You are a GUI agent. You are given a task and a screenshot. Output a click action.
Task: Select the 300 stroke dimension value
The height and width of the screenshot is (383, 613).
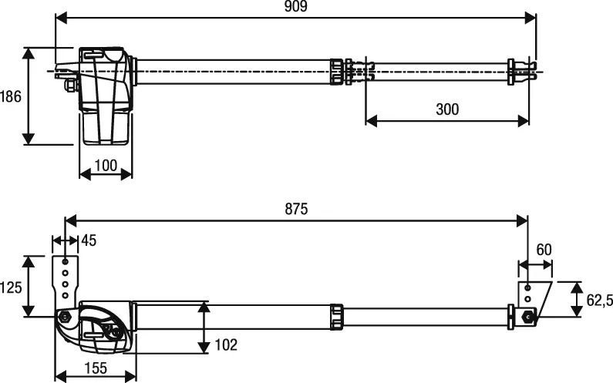tap(446, 109)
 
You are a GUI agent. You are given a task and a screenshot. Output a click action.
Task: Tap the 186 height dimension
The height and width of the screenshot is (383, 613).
tap(10, 96)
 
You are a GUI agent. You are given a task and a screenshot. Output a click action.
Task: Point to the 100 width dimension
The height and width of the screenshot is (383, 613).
tap(106, 166)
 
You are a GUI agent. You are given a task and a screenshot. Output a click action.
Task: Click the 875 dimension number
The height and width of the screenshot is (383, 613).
tap(296, 209)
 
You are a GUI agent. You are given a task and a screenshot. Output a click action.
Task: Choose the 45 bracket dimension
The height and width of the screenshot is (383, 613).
tap(89, 241)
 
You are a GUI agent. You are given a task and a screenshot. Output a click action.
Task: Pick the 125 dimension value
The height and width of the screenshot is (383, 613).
tap(11, 287)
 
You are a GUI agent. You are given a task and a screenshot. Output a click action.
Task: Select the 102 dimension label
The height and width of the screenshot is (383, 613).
tap(226, 344)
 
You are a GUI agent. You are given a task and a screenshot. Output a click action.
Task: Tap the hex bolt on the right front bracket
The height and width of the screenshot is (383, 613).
tap(528, 315)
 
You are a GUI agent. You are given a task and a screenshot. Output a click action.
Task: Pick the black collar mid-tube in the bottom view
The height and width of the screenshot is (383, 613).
tap(337, 317)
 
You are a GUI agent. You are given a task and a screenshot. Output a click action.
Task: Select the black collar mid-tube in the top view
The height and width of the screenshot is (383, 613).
tap(337, 72)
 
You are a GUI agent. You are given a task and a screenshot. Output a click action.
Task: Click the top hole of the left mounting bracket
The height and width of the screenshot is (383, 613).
tap(65, 261)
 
